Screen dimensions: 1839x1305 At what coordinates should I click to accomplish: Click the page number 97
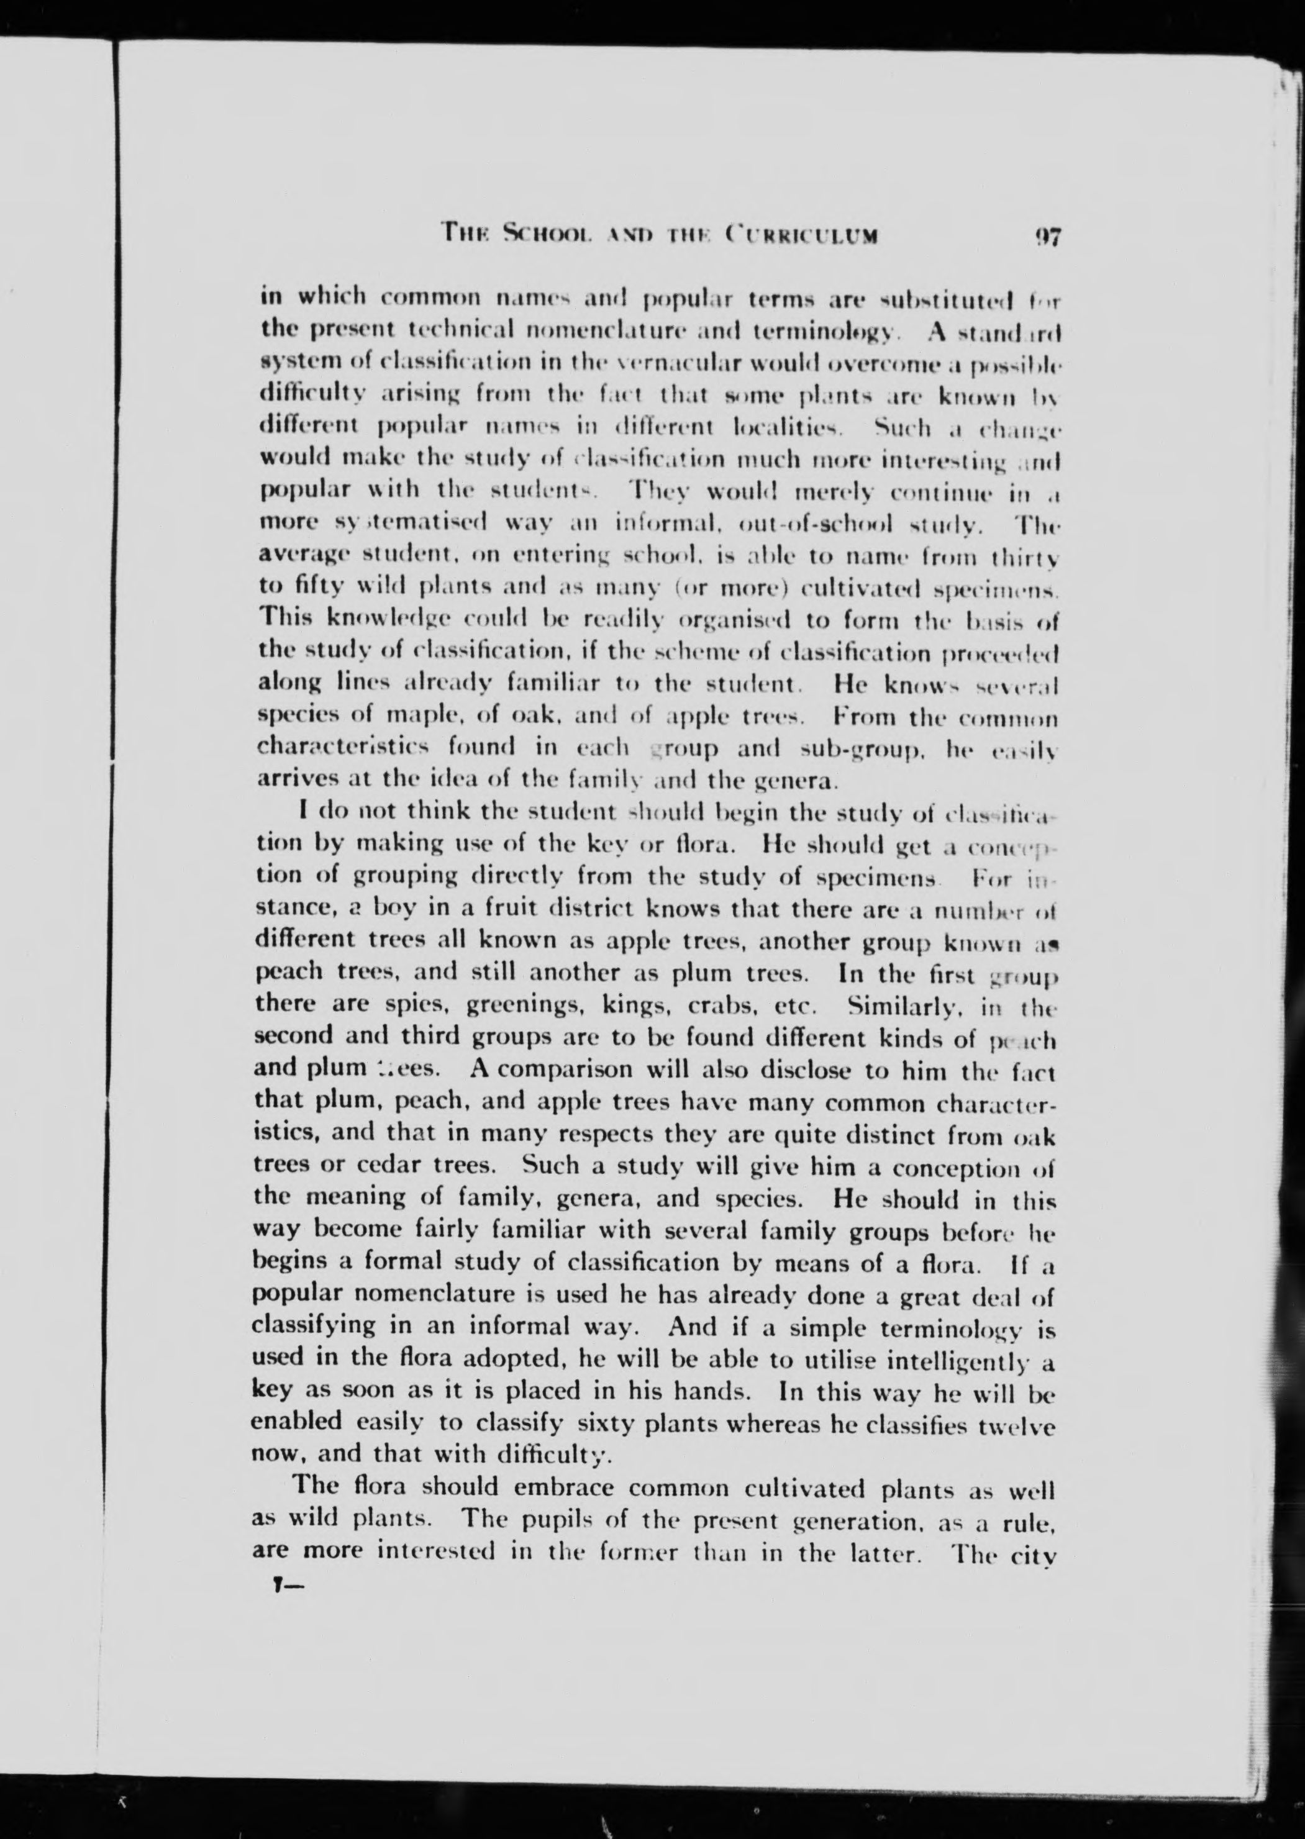(1048, 237)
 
